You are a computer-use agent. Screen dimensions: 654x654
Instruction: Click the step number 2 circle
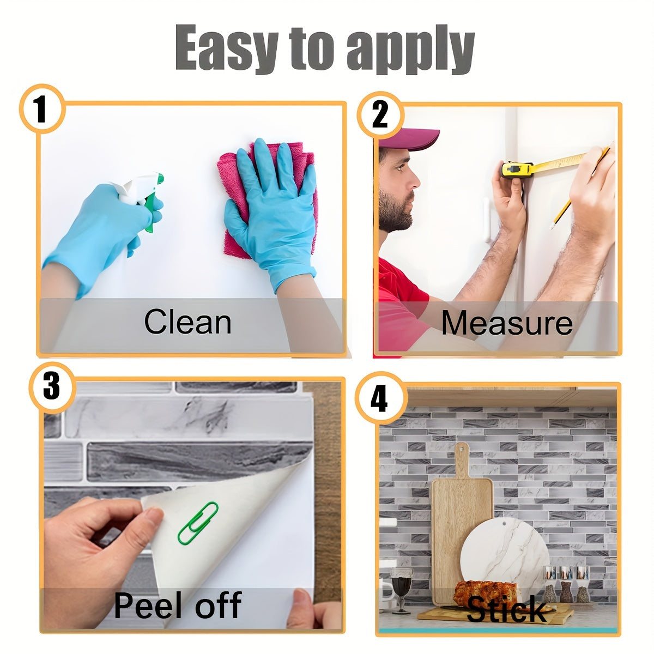pyautogui.click(x=380, y=114)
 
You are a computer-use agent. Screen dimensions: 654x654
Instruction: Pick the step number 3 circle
pyautogui.click(x=52, y=387)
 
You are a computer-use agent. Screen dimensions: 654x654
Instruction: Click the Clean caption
pyautogui.click(x=187, y=322)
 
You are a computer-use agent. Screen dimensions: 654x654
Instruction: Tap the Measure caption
pyautogui.click(x=507, y=323)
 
